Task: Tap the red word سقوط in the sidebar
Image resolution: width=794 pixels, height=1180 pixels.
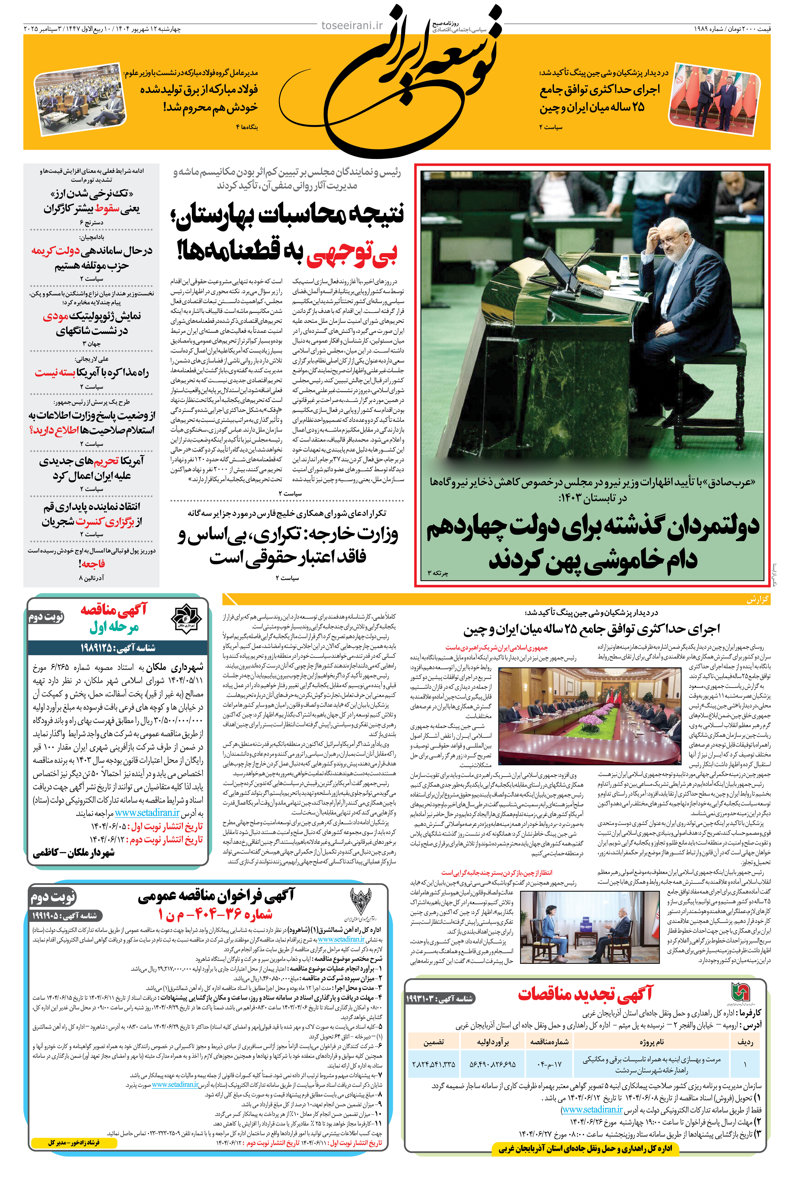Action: [x=107, y=208]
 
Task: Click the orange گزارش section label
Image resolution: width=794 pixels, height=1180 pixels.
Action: [x=758, y=599]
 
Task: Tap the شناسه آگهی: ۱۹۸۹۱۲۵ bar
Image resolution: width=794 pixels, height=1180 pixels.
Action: [x=117, y=647]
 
